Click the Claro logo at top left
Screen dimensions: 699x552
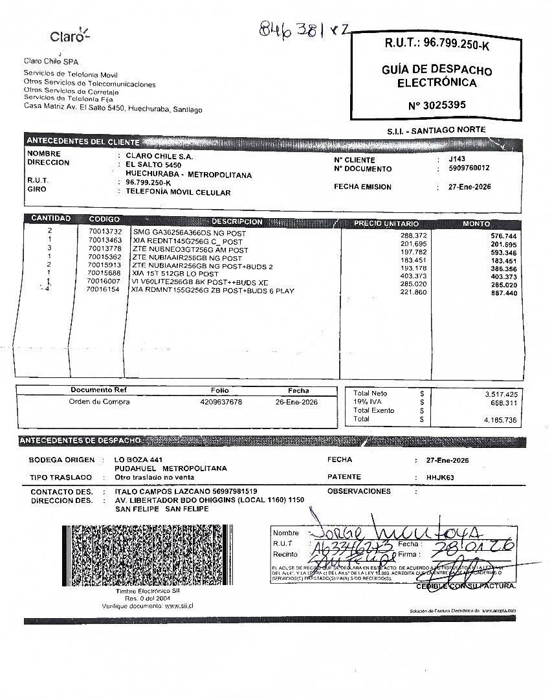70,36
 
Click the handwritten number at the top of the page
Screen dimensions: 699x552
304,28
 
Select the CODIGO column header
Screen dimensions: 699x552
104,219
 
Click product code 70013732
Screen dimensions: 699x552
105,232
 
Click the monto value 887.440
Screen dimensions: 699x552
504,293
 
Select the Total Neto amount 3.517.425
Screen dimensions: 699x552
501,394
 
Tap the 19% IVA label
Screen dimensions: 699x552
368,402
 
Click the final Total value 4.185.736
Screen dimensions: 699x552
501,420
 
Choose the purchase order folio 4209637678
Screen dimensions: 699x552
221,402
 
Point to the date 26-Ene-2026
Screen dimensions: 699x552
297,402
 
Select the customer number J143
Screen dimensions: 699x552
456,159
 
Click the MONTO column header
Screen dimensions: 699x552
476,224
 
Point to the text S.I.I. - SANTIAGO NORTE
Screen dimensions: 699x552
436,130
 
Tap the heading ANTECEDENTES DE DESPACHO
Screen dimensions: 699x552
80,441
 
